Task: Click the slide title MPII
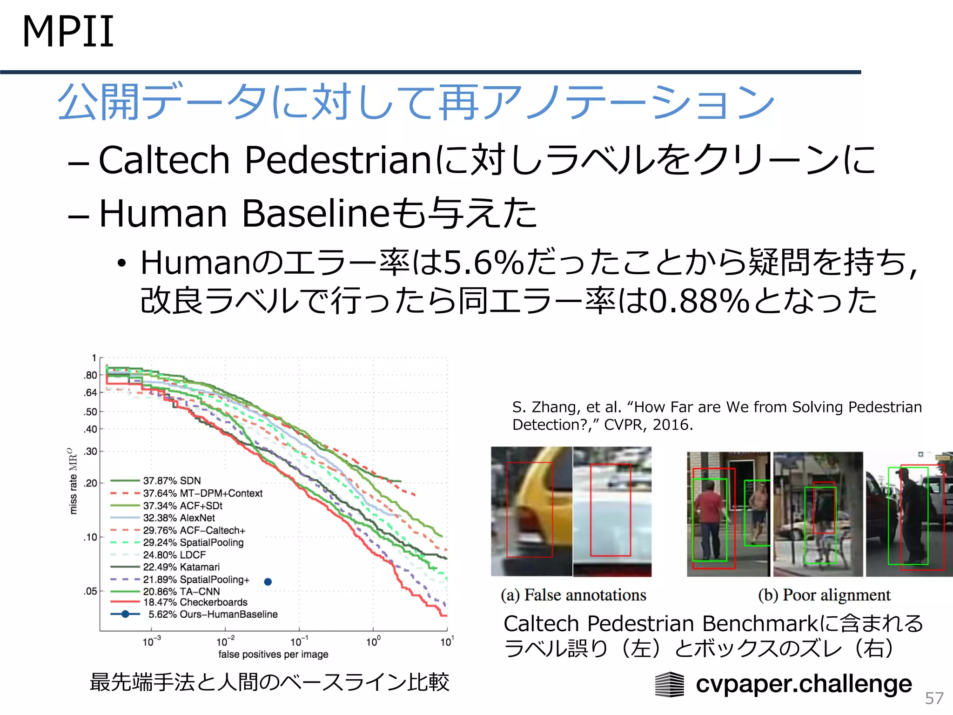click(x=68, y=32)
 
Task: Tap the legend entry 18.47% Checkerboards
click(x=195, y=602)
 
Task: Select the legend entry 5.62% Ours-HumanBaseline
click(x=213, y=614)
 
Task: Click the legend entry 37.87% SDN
click(x=172, y=481)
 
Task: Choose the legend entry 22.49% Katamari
click(x=181, y=567)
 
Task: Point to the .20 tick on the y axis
click(x=91, y=483)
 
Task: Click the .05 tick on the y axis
click(x=91, y=592)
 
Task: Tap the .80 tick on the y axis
click(x=91, y=375)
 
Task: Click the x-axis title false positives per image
click(x=273, y=654)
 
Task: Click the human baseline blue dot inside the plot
click(x=268, y=582)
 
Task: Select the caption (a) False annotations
click(x=573, y=595)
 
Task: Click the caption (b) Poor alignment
click(x=824, y=595)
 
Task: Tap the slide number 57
click(x=934, y=698)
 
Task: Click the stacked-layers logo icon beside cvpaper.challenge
click(x=670, y=685)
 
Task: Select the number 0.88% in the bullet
click(x=699, y=301)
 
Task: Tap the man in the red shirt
click(x=708, y=517)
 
